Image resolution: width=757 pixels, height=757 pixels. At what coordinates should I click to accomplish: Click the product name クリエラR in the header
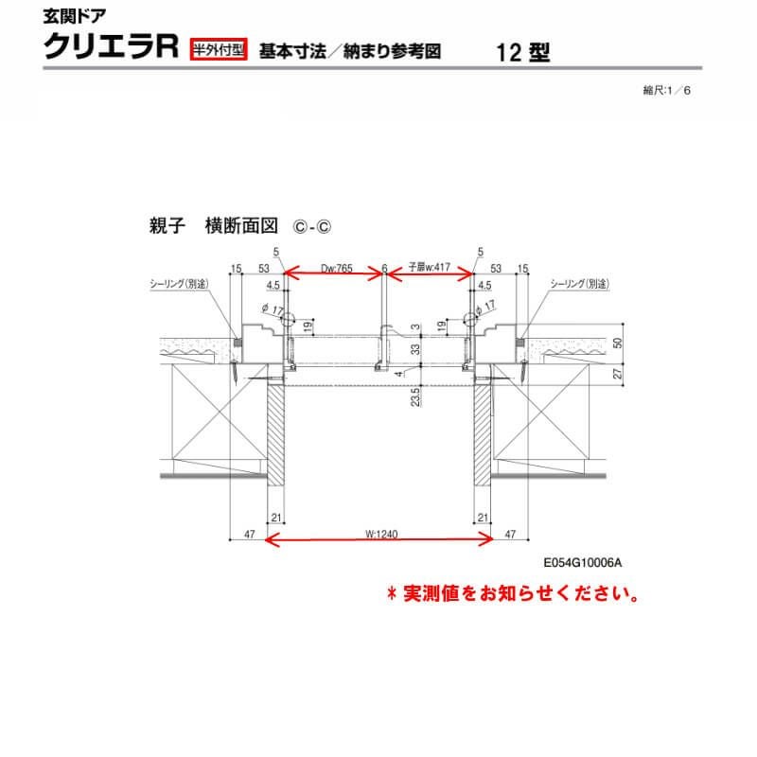point(113,47)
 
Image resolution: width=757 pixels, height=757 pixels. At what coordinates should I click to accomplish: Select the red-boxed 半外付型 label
point(219,50)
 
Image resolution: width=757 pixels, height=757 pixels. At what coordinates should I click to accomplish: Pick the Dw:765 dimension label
point(337,269)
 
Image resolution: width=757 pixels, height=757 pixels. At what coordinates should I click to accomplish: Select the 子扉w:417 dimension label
point(429,269)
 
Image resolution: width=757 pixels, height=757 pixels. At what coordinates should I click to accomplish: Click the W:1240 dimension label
point(378,534)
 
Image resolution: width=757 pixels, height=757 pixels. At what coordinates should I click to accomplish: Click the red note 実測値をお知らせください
point(511,594)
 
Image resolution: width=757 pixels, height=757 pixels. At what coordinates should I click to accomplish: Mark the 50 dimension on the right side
point(617,344)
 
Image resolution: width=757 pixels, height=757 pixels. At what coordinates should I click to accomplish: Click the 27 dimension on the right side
point(617,374)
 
